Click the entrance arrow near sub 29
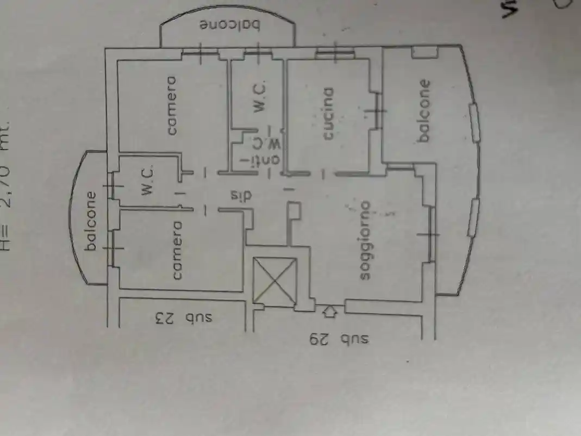click(330, 312)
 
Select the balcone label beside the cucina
click(424, 111)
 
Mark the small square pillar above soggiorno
click(295, 210)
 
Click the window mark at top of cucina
click(335, 53)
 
